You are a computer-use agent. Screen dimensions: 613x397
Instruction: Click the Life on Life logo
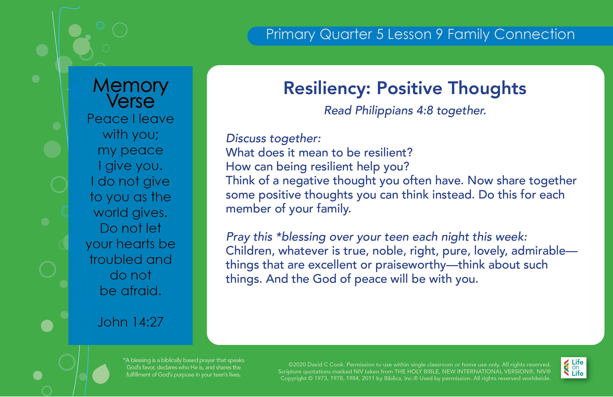pos(574,368)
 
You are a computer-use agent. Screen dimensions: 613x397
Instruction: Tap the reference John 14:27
pos(131,322)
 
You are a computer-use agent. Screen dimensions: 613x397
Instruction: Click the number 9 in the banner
pos(439,34)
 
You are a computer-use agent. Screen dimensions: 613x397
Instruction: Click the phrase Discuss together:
pos(273,138)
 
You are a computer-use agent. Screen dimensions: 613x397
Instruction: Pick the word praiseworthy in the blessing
pos(411,265)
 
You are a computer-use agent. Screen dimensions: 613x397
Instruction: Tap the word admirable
pos(538,251)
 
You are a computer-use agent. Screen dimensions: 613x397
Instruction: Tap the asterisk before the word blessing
pos(279,235)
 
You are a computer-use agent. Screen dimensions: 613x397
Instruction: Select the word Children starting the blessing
pos(249,251)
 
